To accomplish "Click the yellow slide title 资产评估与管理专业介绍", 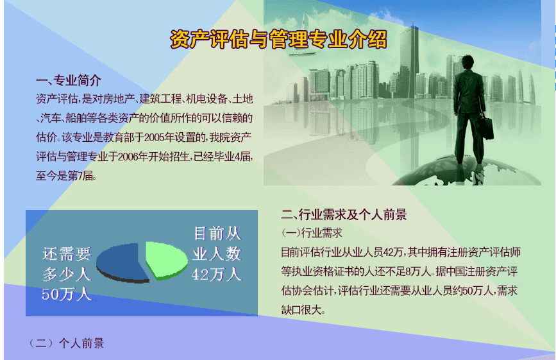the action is click(x=278, y=39).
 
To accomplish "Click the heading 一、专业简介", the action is click(x=69, y=80).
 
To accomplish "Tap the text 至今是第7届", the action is click(x=66, y=176).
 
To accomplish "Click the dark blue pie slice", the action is click(x=122, y=263).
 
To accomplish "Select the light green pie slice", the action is click(x=166, y=260).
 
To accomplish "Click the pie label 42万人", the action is click(x=217, y=275).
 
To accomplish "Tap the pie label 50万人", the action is click(x=67, y=295).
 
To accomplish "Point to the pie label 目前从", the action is click(x=217, y=234).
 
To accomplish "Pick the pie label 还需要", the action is click(x=67, y=253).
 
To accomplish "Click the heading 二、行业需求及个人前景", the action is click(x=344, y=214).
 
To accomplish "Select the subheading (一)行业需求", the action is click(x=312, y=233).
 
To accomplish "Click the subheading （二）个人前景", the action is click(x=66, y=343).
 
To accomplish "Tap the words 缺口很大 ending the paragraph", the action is click(x=301, y=310).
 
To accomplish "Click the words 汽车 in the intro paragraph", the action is click(x=51, y=118).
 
